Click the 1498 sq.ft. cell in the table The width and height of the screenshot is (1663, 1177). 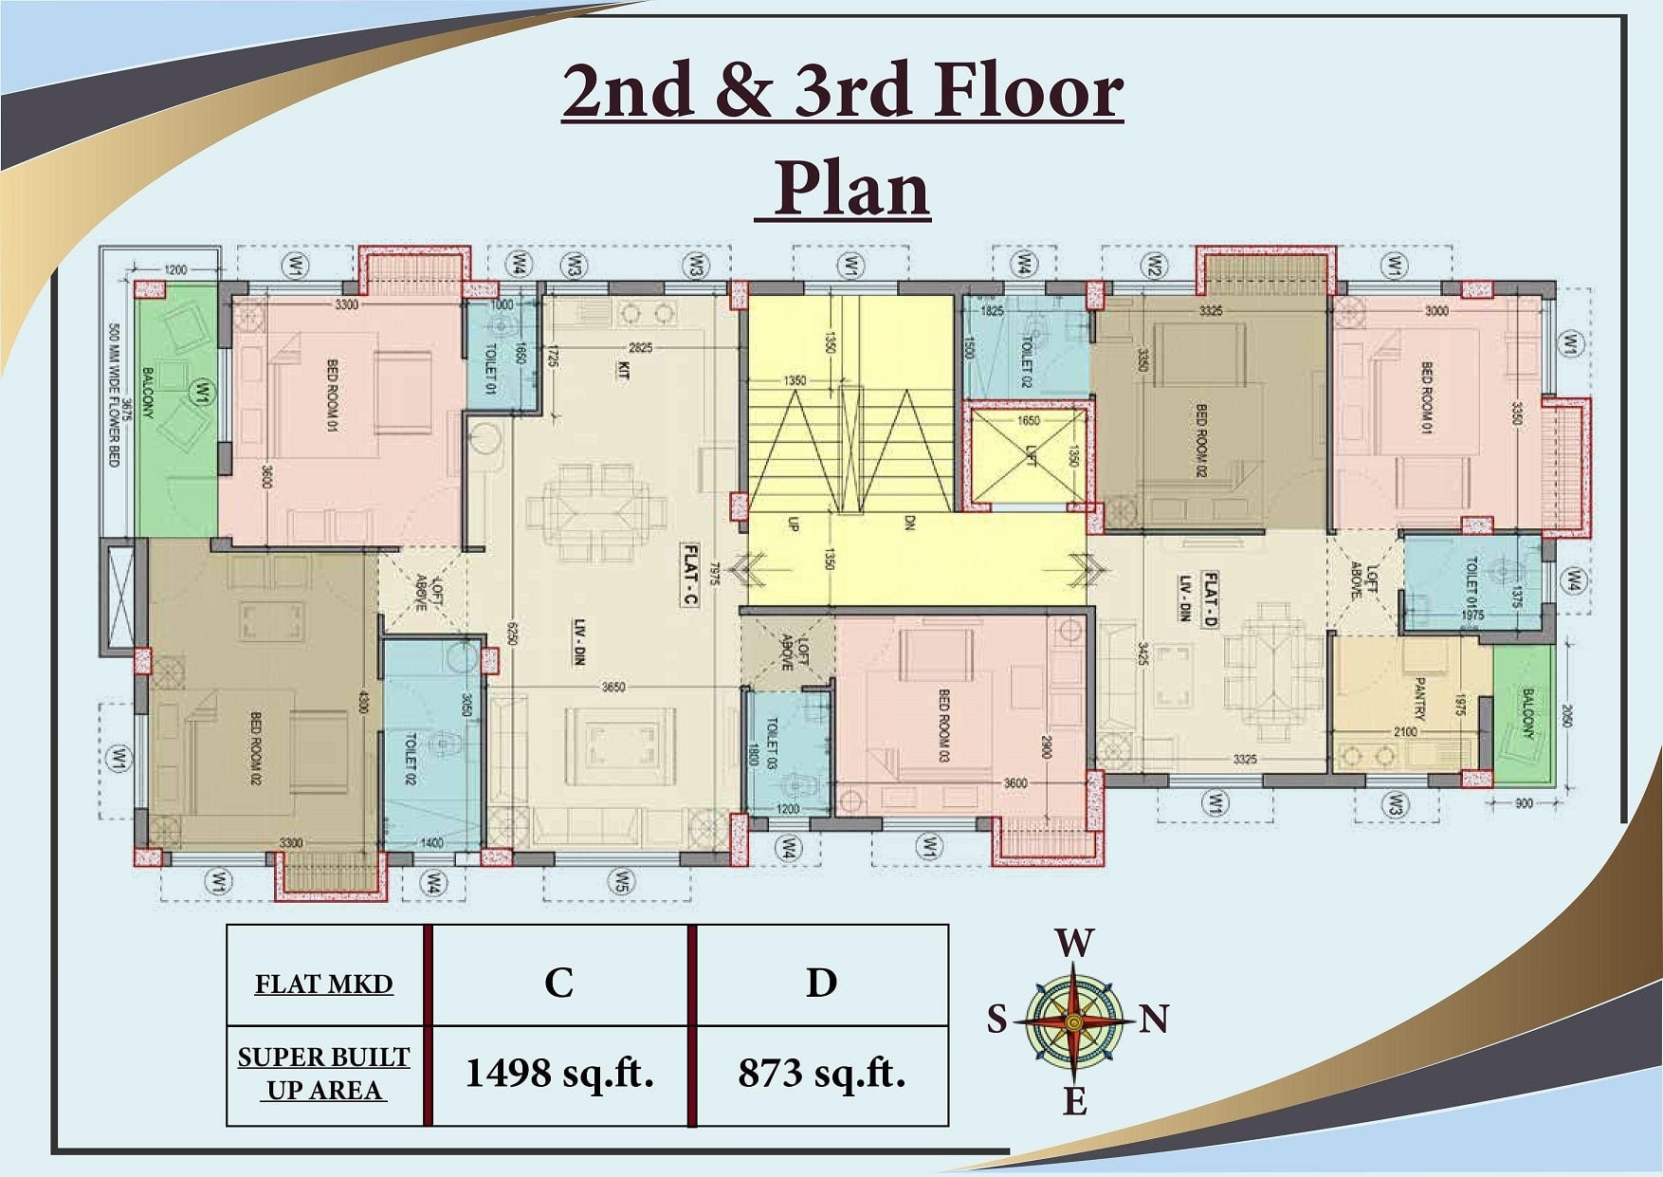tap(559, 1074)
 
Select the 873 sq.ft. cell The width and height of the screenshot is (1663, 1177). tap(821, 1074)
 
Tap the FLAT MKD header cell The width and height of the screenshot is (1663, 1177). tap(323, 984)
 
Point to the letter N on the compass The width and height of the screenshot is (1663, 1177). tap(1153, 1020)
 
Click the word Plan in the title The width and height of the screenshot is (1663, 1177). tap(850, 189)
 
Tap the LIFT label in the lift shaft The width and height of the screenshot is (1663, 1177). tap(1032, 455)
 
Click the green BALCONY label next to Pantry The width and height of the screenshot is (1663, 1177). tap(1527, 714)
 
